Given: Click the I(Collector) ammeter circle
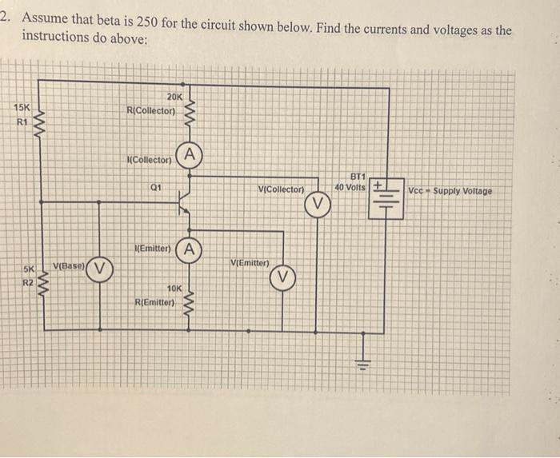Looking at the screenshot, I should pos(188,153).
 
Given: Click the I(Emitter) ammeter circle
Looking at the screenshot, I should pos(188,248).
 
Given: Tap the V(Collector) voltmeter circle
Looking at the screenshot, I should pos(318,203).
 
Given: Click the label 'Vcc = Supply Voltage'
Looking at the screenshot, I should pos(450,191).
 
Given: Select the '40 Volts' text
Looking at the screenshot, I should pos(350,187).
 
